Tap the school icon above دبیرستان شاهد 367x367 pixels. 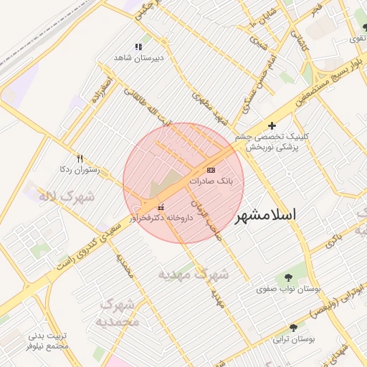138,46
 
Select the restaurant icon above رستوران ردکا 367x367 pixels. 80,159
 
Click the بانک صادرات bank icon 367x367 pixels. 210,170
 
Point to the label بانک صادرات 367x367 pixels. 216,181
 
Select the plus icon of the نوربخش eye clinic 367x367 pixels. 272,125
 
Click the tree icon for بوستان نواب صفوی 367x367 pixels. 288,278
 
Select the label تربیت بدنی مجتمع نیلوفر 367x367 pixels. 47,340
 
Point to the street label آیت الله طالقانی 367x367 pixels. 148,107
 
